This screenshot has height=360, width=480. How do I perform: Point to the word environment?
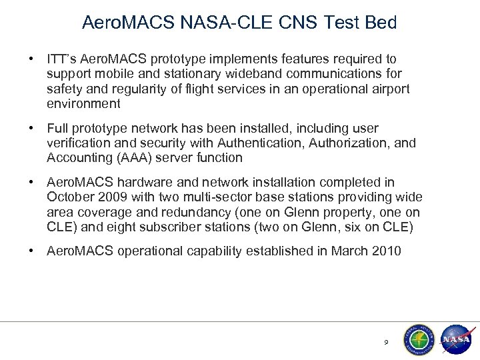pyautogui.click(x=84, y=103)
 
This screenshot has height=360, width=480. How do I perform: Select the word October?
pyautogui.click(x=69, y=197)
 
